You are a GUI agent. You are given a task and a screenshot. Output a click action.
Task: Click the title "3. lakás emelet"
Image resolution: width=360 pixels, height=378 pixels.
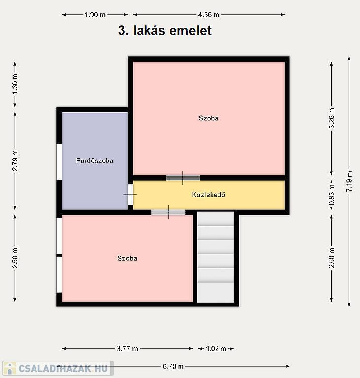pos(165,31)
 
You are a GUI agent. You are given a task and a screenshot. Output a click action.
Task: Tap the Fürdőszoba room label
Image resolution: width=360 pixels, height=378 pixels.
pos(95,161)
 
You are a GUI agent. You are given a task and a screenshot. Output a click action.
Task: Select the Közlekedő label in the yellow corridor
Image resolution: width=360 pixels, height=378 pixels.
pos(209,195)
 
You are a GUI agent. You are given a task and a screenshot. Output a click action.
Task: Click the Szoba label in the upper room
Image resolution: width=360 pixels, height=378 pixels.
pos(209,118)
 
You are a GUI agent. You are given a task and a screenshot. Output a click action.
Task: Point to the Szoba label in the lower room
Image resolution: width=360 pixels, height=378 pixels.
pos(127,258)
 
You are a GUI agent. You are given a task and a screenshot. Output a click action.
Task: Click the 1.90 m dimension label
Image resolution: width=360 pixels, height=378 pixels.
pos(95,15)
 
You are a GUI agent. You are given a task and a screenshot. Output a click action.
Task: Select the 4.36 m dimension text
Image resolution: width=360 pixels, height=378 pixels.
pos(209,15)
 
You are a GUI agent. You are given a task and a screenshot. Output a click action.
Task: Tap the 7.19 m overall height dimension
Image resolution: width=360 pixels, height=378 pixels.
pos(349,181)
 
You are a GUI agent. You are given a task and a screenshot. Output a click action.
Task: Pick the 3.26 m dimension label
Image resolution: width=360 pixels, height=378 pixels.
pos(332,118)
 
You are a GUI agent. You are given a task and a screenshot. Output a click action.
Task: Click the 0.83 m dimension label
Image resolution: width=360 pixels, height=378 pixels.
pos(332,194)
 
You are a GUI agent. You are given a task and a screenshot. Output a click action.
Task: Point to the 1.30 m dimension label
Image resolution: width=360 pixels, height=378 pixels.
pos(15,84)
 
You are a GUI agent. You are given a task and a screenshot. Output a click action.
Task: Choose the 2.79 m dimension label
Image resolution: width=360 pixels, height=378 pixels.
pos(15,160)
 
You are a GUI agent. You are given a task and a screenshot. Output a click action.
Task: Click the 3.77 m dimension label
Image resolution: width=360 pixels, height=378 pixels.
pos(127,349)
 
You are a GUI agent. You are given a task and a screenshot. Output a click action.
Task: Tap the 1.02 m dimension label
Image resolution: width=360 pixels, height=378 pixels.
pos(216,349)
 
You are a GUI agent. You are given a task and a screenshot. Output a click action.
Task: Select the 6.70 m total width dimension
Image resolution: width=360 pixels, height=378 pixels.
pos(173,367)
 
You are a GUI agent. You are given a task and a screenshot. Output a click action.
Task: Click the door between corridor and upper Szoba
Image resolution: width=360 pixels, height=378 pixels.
pos(183,178)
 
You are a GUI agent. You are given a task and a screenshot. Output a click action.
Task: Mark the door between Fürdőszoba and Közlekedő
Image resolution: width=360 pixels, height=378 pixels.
pos(130,194)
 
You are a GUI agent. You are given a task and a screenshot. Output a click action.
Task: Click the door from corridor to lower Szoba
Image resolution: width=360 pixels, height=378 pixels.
pos(169,212)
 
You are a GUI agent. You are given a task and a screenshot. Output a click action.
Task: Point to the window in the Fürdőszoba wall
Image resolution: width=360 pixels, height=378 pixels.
pos(59,162)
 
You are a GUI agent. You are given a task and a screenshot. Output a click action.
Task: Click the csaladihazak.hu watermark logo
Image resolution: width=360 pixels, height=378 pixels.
pos(58,368)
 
